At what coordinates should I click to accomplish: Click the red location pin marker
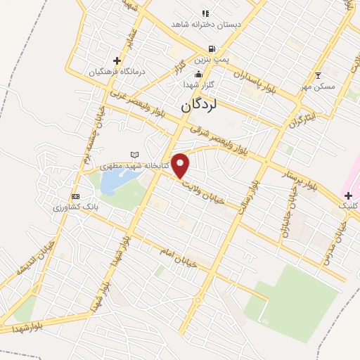[x=181, y=165]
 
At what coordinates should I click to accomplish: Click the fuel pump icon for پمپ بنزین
[x=211, y=50]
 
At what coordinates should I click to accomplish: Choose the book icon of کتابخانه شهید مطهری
[x=135, y=155]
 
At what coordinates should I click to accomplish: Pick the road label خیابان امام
[x=176, y=256]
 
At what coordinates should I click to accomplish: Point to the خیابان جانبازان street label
[x=287, y=214]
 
